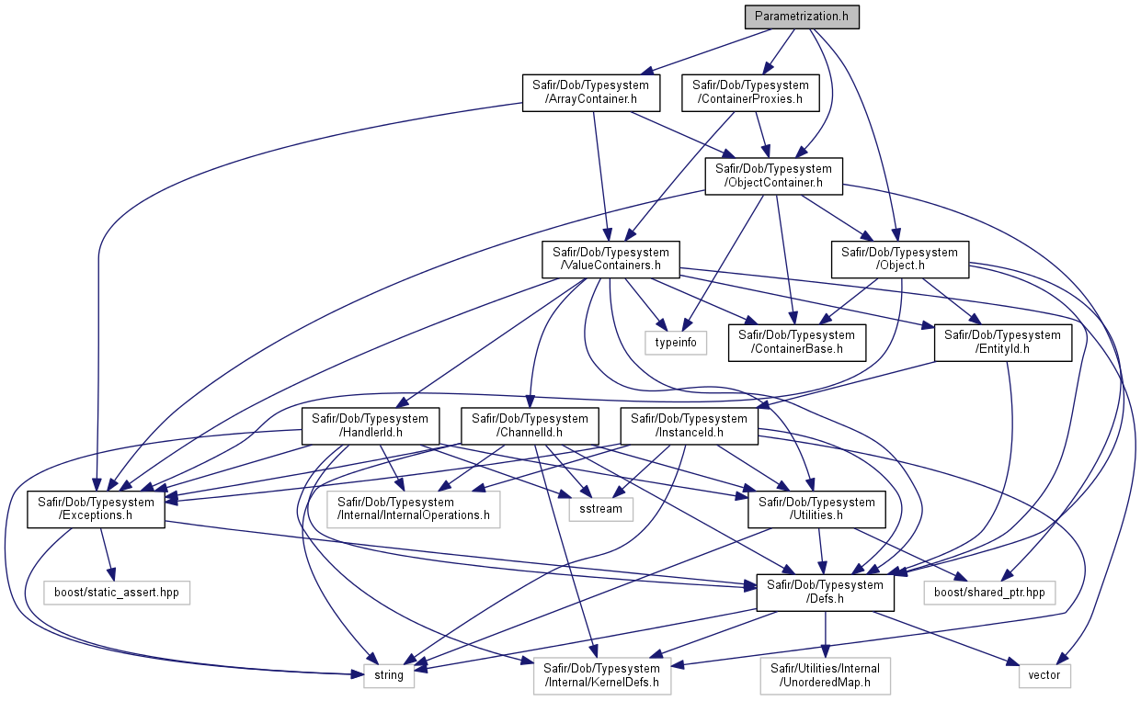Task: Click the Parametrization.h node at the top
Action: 802,17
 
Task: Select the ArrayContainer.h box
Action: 591,93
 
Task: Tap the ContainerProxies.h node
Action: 750,93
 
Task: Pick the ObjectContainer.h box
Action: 773,176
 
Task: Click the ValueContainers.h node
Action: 610,260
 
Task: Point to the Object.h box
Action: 900,260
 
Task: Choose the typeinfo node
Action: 676,343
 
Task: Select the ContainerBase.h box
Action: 796,343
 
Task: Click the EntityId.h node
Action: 1003,343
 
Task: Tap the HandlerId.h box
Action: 371,426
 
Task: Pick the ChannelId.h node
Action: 530,426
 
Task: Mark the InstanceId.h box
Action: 690,426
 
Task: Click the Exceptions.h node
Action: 96,509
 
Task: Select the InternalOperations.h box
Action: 413,509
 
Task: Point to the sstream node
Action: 601,509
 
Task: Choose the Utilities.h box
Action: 816,509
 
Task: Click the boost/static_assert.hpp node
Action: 117,593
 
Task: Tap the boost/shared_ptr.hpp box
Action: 989,593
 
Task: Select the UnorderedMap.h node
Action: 826,676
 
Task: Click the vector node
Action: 1044,676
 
